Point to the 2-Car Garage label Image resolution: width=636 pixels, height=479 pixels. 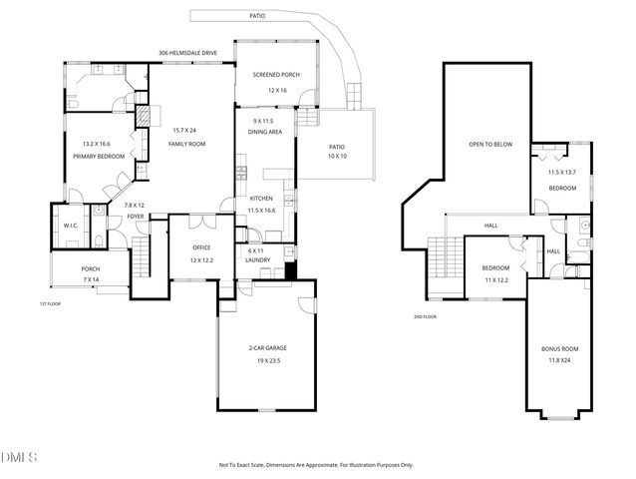(267, 348)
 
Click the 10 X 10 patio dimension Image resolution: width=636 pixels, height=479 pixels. (338, 157)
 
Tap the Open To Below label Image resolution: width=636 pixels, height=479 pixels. (490, 143)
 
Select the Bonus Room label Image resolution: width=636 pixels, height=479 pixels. (558, 347)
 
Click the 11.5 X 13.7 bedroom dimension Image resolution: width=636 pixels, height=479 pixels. (562, 172)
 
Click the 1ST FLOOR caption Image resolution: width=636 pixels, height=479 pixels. (50, 302)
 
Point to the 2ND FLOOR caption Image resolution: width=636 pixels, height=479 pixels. (427, 316)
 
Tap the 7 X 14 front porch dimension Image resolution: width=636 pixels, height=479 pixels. (90, 279)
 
